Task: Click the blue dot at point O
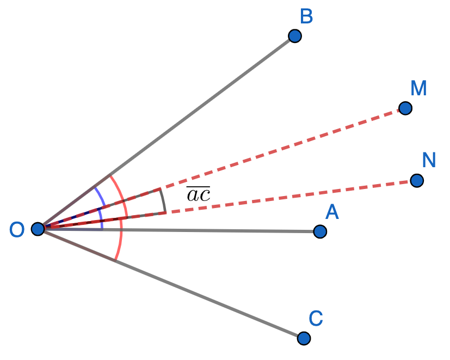coord(38,229)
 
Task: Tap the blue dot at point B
coord(295,36)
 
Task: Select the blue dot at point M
coord(405,108)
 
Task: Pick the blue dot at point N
coord(417,180)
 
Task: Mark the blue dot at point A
coord(320,231)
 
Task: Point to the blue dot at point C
coord(304,338)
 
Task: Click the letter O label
coord(17,230)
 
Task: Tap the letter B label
coord(306,16)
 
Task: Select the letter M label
coord(418,88)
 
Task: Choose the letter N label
coord(429,160)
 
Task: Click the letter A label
coord(332,212)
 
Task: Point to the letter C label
coord(316,318)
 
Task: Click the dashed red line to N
coord(272,199)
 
